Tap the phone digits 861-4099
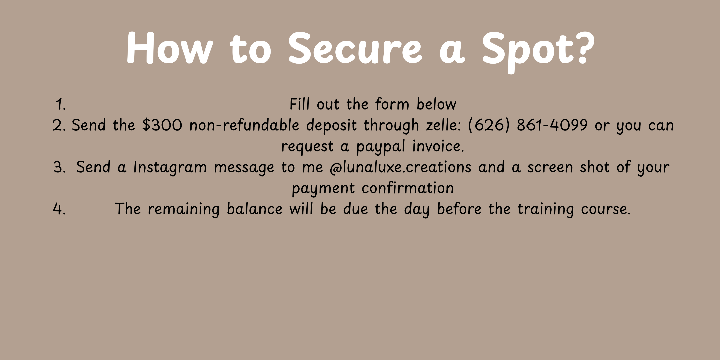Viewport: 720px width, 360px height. click(x=552, y=125)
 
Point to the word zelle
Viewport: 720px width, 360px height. click(x=443, y=125)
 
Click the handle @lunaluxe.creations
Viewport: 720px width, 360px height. click(x=400, y=167)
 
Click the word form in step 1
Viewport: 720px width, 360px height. click(x=392, y=104)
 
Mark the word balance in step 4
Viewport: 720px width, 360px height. click(x=255, y=209)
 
